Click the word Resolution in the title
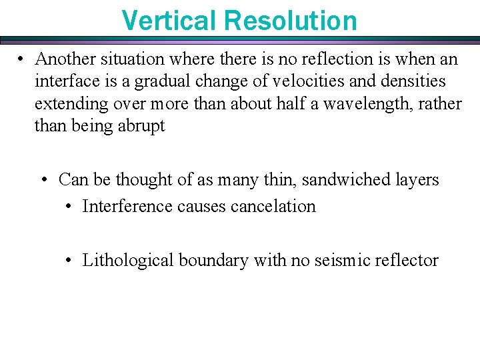coord(291,20)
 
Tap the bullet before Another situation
coord(22,59)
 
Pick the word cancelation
coord(273,206)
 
